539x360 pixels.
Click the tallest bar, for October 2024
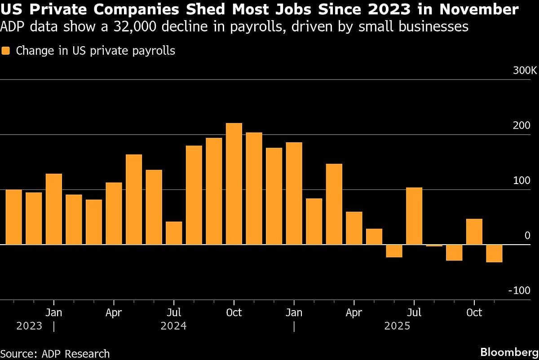234,184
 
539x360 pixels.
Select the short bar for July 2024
174,233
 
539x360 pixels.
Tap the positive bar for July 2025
414,216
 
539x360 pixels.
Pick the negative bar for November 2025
494,253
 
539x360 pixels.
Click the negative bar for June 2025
394,251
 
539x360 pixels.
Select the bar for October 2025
474,232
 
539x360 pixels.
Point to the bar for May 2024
134,200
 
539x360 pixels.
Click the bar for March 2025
334,204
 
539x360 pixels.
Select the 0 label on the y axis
527,236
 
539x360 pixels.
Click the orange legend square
6,51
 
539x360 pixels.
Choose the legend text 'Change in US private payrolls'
95,51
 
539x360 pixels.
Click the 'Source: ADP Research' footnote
55,354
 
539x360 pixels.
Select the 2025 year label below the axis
397,326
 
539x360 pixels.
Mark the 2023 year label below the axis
29,326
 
